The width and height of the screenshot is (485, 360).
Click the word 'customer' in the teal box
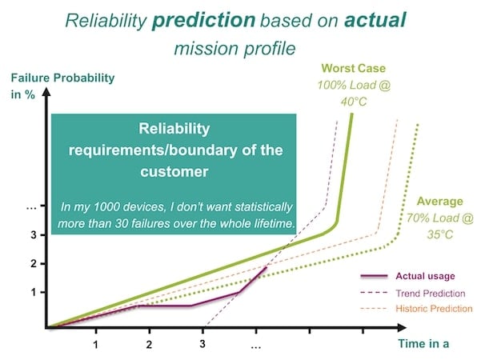[x=173, y=170]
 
